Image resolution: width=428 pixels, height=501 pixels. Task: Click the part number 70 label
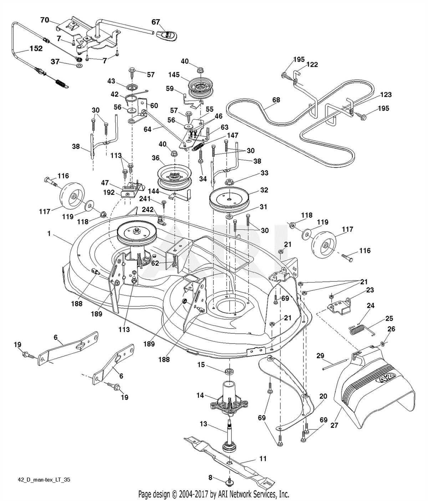pyautogui.click(x=45, y=20)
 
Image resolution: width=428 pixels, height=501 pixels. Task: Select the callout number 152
pyautogui.click(x=36, y=49)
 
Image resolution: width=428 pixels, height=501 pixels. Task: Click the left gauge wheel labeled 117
pyautogui.click(x=71, y=196)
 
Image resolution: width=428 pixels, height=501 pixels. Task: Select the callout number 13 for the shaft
pyautogui.click(x=203, y=424)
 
